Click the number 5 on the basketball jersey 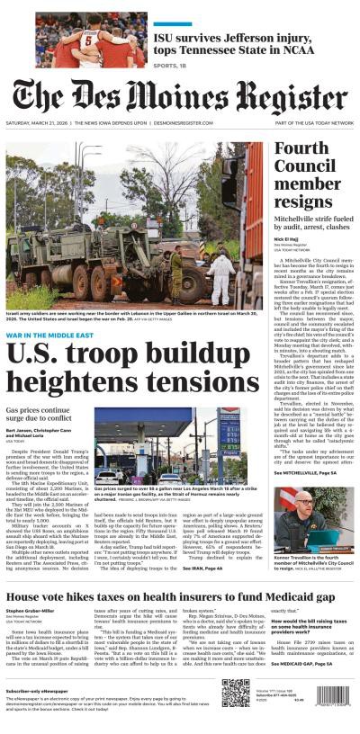(x=89, y=40)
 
